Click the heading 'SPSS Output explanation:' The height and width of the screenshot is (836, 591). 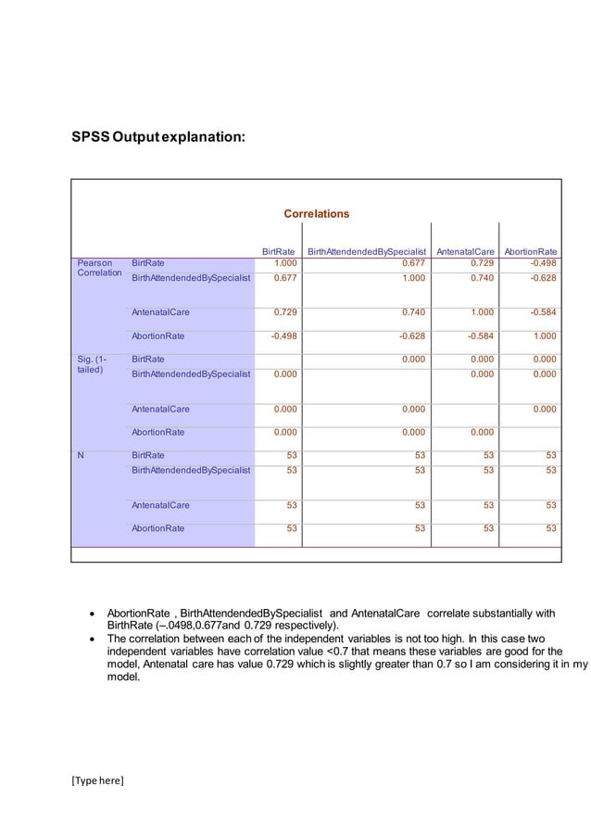[x=158, y=138]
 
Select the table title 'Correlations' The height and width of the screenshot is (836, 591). [x=316, y=214]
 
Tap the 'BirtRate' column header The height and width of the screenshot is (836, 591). [x=279, y=251]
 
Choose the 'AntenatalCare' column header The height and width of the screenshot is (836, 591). [x=466, y=251]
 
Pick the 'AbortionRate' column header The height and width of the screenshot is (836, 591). [x=530, y=251]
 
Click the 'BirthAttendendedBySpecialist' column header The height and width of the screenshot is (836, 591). [x=366, y=251]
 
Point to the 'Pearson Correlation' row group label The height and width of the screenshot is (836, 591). [x=98, y=269]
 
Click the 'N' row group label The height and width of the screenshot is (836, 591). [x=82, y=455]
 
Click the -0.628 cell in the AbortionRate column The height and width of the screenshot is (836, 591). [x=541, y=277]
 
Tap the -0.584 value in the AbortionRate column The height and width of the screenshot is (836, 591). [x=541, y=312]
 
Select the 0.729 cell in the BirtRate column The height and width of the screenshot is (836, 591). [x=284, y=312]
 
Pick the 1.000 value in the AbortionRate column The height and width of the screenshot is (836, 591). [x=544, y=336]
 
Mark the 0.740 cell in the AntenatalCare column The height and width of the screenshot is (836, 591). [x=480, y=277]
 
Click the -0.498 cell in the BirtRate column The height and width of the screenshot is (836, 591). [x=283, y=336]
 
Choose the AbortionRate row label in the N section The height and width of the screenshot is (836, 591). [x=158, y=528]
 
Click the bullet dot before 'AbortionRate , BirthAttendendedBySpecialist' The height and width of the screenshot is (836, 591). [x=91, y=614]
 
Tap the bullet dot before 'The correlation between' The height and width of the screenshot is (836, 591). [x=91, y=640]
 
